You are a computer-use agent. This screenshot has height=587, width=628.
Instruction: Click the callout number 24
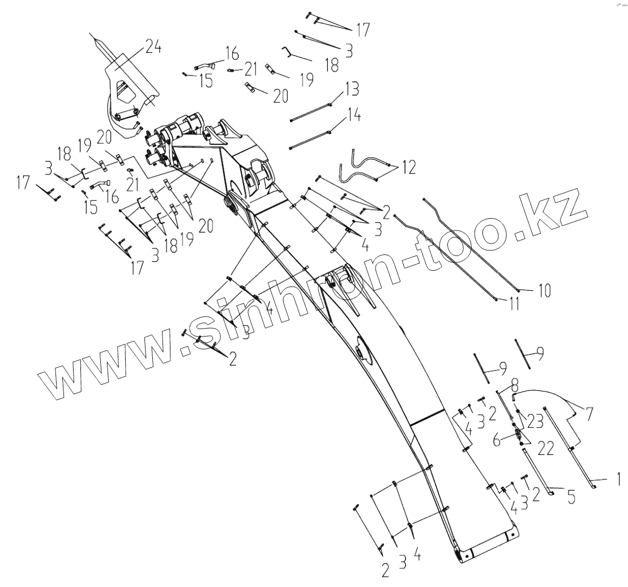click(x=152, y=48)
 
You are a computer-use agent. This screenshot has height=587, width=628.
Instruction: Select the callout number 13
click(x=351, y=90)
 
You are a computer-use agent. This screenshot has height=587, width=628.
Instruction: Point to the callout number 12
click(x=408, y=167)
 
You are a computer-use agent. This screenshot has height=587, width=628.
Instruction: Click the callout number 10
click(x=543, y=291)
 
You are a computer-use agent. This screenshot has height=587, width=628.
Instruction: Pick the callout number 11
click(x=513, y=304)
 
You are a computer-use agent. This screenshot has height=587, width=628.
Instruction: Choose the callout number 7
click(x=589, y=413)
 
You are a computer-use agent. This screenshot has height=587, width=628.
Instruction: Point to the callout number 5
click(x=571, y=497)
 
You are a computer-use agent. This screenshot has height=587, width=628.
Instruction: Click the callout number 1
click(x=618, y=480)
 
